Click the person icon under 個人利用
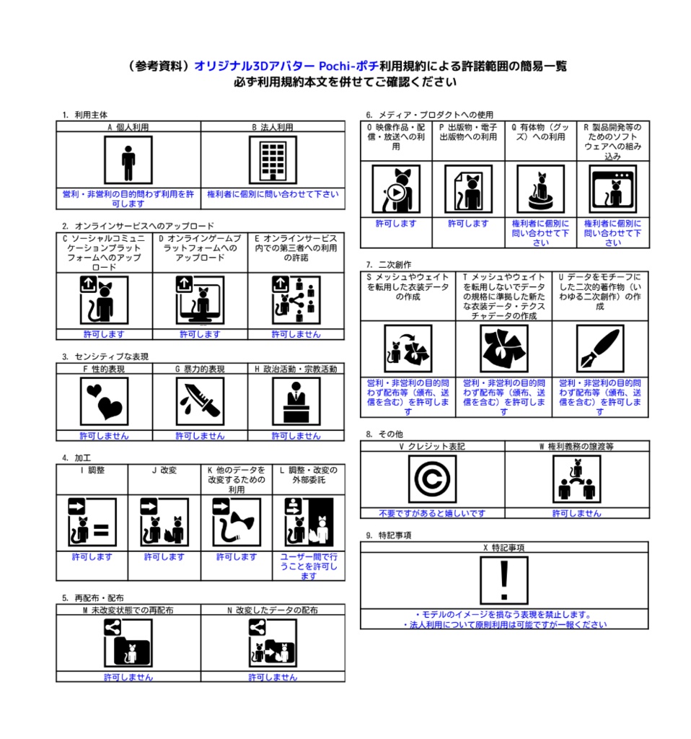(x=128, y=161)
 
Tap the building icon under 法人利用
(x=273, y=161)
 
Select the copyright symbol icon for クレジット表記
(x=432, y=480)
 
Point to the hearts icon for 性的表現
(x=104, y=402)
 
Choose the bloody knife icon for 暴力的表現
(x=200, y=402)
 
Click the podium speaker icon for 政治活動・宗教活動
(x=296, y=402)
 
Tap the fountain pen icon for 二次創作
(x=599, y=349)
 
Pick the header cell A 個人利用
(x=128, y=127)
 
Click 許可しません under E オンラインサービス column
(x=296, y=335)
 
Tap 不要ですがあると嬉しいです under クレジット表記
(x=432, y=513)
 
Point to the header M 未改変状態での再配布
(x=128, y=611)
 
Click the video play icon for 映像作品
(x=396, y=189)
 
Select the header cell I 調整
(x=92, y=470)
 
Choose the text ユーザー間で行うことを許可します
(x=309, y=567)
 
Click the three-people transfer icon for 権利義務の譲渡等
(x=576, y=480)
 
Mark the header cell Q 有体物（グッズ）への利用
(x=540, y=132)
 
